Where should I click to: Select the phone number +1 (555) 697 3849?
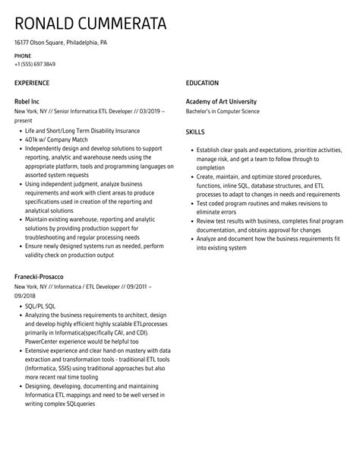35,64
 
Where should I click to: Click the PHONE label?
23,56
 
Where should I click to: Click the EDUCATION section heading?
202,83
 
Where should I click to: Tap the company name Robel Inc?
30,100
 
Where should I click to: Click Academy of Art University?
221,100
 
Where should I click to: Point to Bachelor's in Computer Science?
223,109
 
